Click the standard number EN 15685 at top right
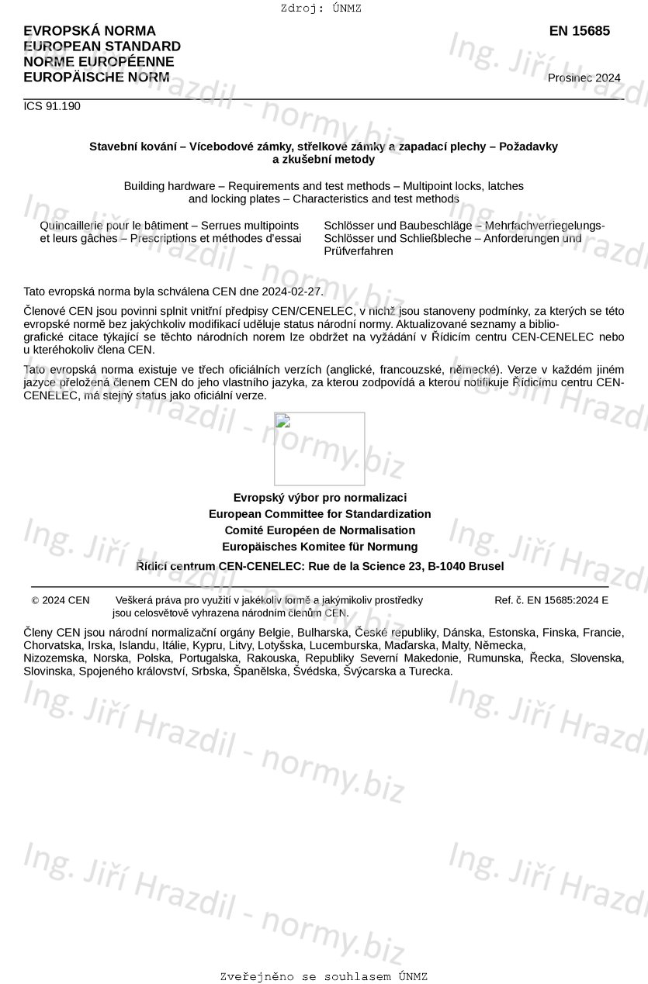pos(579,31)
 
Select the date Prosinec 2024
pos(584,78)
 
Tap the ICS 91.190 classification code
pos(52,106)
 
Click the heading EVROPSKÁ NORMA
pos(89,31)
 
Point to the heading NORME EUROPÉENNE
pos(99,62)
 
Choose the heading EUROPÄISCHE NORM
pos(96,77)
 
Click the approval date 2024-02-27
pos(294,292)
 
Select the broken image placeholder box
pos(319,448)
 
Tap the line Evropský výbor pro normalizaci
pos(320,498)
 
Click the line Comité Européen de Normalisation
pos(320,530)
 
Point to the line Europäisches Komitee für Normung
pos(320,547)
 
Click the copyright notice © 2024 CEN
pos(61,600)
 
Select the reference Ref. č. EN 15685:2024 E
pos(551,600)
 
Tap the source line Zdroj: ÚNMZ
pos(321,9)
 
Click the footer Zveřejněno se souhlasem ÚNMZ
pos(324,976)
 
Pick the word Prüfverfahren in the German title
pos(359,251)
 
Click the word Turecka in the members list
pos(430,671)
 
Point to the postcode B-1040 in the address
pos(447,566)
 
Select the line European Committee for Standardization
pos(320,514)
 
